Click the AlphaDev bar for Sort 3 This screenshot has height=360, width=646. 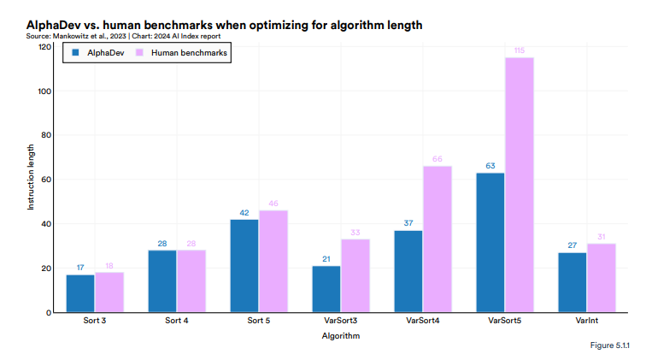click(x=80, y=293)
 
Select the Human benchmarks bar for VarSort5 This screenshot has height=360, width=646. click(x=519, y=185)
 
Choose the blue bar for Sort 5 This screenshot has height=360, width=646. click(x=244, y=266)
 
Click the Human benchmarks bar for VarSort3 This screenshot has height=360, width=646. click(x=355, y=275)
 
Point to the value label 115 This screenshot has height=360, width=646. click(x=519, y=51)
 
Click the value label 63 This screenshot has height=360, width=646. click(x=490, y=167)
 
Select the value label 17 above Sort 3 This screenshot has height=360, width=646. click(x=80, y=269)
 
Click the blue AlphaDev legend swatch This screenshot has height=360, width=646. click(x=76, y=53)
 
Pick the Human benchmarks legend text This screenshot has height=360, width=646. click(x=189, y=53)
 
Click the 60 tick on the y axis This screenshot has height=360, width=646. click(x=45, y=180)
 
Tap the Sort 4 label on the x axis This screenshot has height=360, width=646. click(x=176, y=322)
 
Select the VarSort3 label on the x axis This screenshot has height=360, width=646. click(x=341, y=322)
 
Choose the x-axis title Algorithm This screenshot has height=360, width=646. click(x=341, y=336)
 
